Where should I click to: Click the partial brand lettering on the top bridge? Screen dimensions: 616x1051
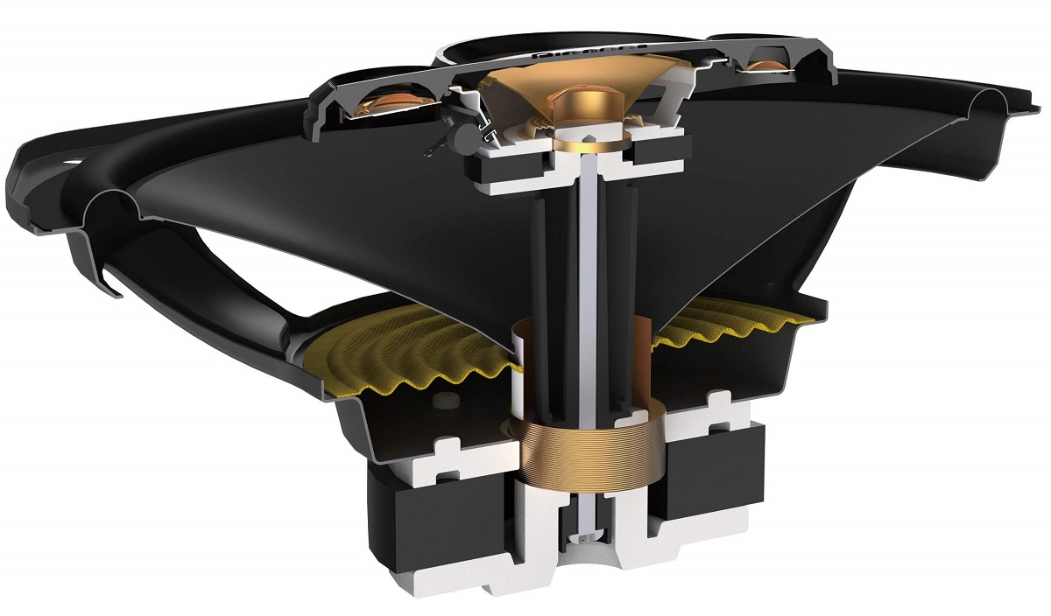coord(561,51)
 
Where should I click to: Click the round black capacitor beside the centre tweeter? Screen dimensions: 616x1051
coord(455,131)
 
